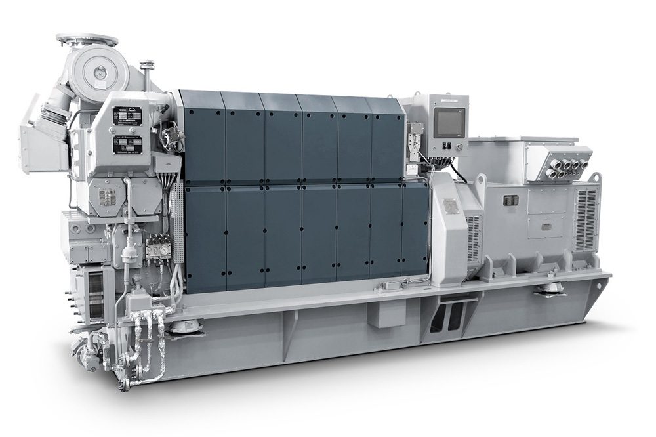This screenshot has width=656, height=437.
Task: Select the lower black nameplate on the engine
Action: click(x=125, y=144)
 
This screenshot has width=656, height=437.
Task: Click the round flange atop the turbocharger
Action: click(x=87, y=40)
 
